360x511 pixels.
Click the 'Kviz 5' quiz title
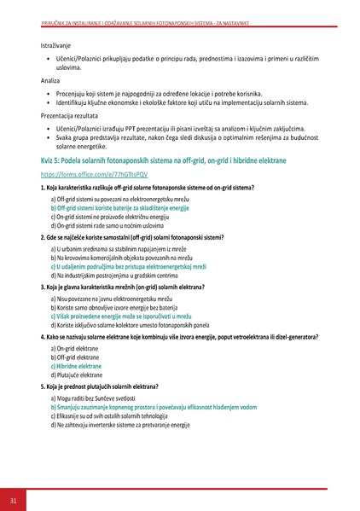(163, 160)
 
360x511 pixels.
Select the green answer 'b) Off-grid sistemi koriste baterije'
(119, 207)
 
